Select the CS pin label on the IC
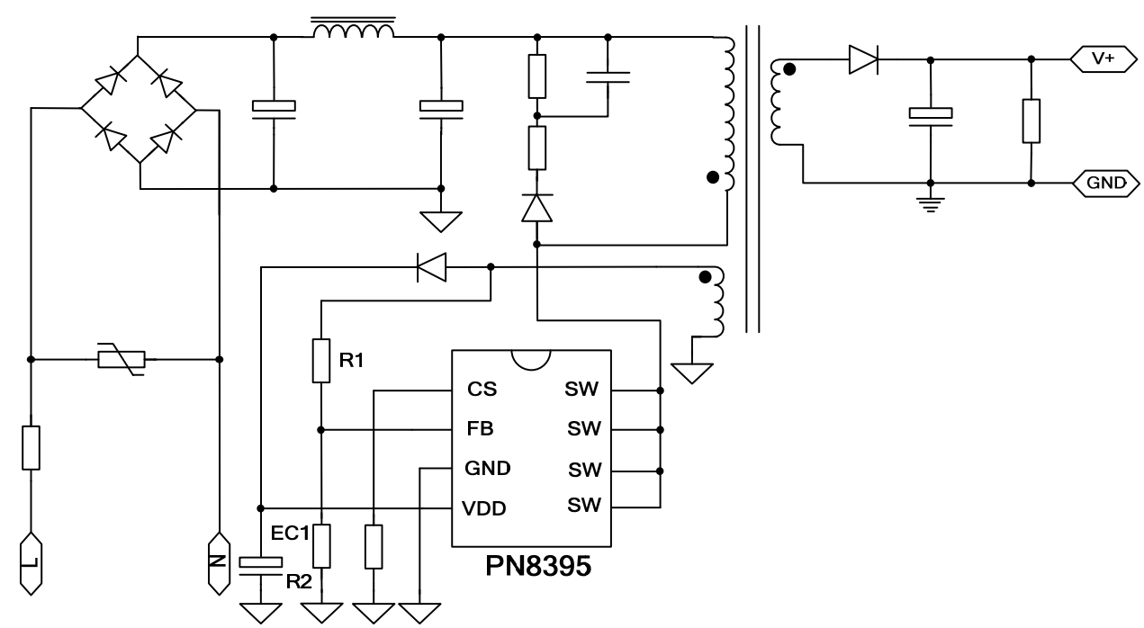click(x=481, y=390)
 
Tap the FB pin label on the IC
click(x=480, y=429)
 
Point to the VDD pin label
click(x=484, y=508)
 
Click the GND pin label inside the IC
click(x=487, y=468)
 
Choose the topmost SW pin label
click(x=583, y=390)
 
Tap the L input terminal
click(x=32, y=562)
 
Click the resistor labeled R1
click(x=320, y=361)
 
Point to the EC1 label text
click(x=290, y=533)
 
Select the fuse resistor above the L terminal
click(x=32, y=447)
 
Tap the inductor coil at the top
click(x=353, y=31)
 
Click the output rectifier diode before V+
click(x=862, y=59)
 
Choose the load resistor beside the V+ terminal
click(x=1031, y=121)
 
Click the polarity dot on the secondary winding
click(x=790, y=69)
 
